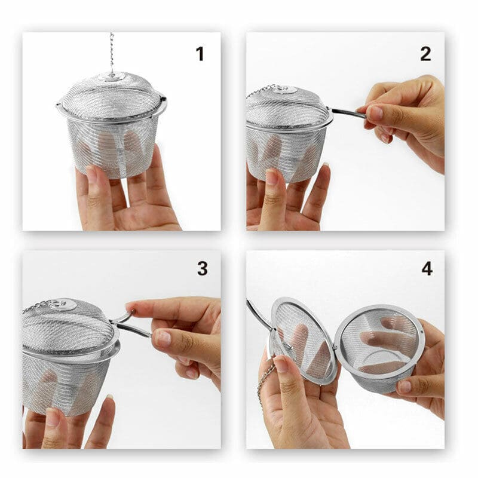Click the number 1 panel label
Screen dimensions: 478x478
200,54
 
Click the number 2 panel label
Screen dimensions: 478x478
425,54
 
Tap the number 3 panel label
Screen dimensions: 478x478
202,269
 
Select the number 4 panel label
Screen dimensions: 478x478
427,269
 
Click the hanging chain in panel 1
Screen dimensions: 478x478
111,51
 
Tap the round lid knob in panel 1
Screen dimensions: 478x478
112,76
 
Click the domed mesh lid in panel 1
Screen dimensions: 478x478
112,96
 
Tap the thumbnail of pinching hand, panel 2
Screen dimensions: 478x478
375,113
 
